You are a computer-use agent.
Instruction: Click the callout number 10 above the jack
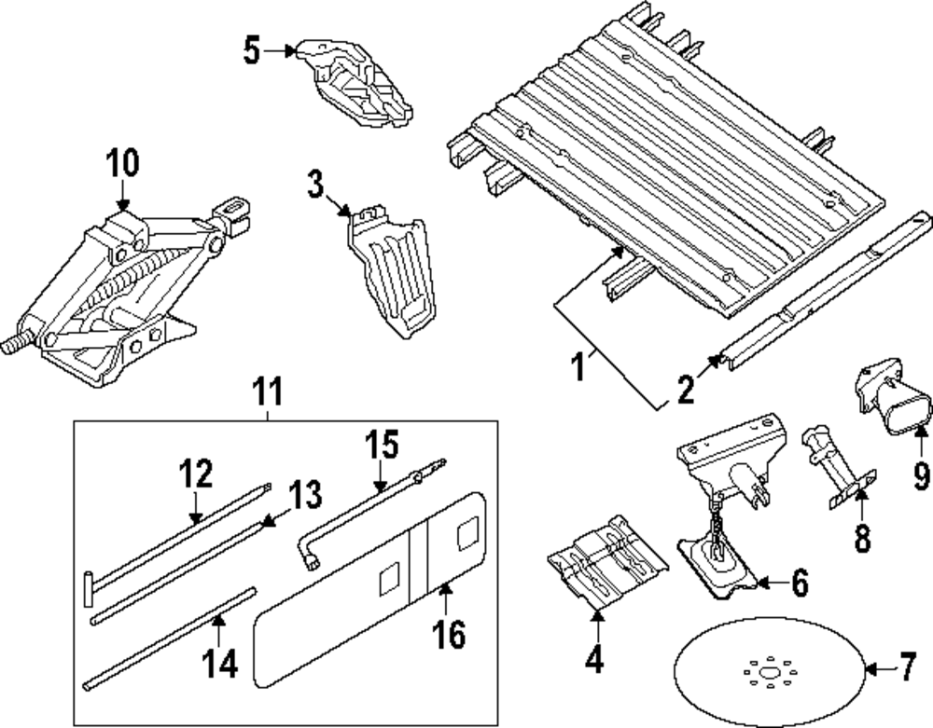point(121,164)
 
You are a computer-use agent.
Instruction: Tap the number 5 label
point(251,50)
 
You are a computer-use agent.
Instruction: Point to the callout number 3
point(316,185)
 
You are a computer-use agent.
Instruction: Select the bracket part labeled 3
point(392,270)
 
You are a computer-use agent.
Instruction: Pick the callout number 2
point(686,388)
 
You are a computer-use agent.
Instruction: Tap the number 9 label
point(921,476)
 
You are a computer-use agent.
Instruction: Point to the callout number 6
point(799,584)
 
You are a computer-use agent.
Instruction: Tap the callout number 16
point(448,634)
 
